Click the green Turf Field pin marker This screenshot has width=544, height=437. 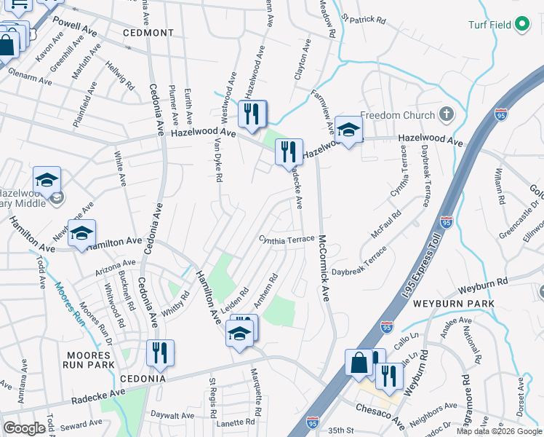pyautogui.click(x=521, y=24)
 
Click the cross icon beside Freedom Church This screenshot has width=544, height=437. pyautogui.click(x=446, y=114)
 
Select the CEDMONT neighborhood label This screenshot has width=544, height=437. pyautogui.click(x=148, y=33)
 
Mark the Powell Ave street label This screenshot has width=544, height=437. pyautogui.click(x=75, y=31)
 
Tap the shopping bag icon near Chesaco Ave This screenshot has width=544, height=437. pyautogui.click(x=359, y=362)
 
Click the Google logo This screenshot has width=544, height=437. pyautogui.click(x=24, y=428)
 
